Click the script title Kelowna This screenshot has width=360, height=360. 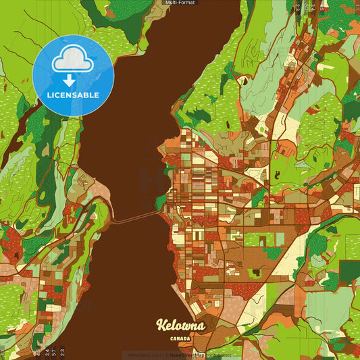tap(180, 326)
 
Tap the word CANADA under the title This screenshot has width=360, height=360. tap(180, 338)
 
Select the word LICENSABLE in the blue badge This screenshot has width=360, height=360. tap(73, 95)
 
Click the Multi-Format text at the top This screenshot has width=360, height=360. tap(180, 3)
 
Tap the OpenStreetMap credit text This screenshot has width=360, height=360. tap(188, 355)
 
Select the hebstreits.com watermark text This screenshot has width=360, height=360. tap(145, 355)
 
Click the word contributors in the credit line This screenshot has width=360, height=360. tap(218, 355)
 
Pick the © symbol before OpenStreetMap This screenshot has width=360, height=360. tap(167, 355)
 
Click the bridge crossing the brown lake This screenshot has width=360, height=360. tap(135, 217)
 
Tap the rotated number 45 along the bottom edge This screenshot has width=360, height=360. tap(38, 351)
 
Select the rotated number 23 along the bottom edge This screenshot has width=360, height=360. tap(63, 351)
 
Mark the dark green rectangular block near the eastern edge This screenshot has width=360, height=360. tap(349, 270)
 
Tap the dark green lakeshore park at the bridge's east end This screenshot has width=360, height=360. tap(161, 201)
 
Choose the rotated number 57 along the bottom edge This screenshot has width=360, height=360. tap(55, 351)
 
